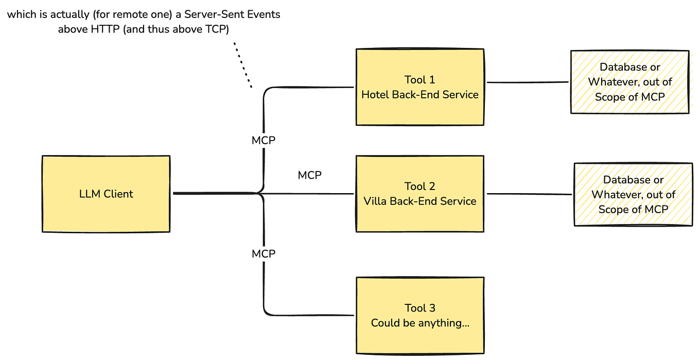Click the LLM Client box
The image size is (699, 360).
point(106,194)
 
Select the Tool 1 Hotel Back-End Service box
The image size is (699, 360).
point(420,87)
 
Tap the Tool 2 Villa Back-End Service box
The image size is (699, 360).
point(420,194)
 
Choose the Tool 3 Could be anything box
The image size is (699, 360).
point(420,315)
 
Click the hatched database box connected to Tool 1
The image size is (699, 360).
point(630,82)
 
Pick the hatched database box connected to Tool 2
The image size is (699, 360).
point(633,194)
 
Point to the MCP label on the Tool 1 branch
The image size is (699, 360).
point(264,140)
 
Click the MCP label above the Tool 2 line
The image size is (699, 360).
point(309,176)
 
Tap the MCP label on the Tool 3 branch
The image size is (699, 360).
point(264,253)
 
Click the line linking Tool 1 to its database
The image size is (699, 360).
point(527,82)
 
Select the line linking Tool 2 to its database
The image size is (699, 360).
point(529,194)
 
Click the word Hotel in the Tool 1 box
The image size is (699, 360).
point(375,95)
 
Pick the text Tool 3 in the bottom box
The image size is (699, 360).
point(420,308)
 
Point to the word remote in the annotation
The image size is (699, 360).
point(129,14)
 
